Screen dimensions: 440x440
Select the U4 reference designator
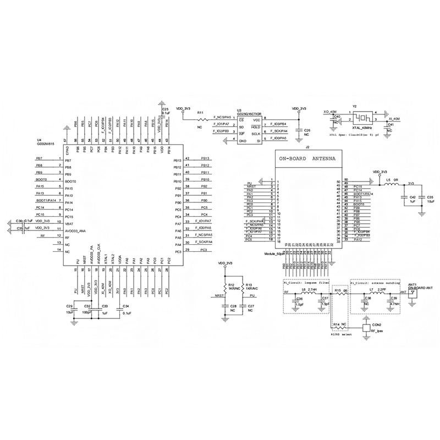point(38,140)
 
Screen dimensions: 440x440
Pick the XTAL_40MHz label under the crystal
point(362,127)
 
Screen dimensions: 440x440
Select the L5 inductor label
point(388,180)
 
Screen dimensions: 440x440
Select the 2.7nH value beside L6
point(312,289)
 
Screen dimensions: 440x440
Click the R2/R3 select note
point(340,333)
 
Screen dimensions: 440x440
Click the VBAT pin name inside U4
point(69,224)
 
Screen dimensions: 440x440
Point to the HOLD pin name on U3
point(256,127)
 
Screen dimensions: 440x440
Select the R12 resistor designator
point(232,284)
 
